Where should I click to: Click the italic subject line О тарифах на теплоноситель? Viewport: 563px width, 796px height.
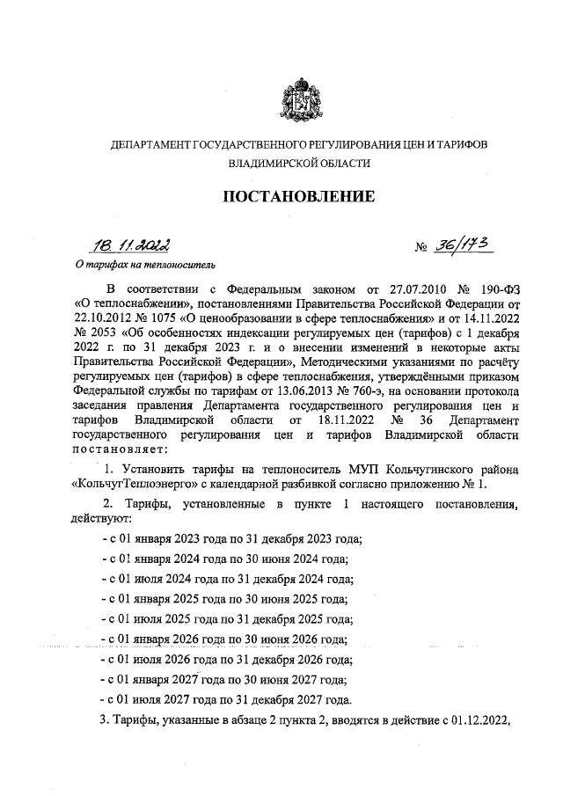143,263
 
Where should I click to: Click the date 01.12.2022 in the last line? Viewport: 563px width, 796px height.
475,720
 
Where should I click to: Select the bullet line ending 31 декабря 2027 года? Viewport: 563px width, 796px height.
227,700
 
